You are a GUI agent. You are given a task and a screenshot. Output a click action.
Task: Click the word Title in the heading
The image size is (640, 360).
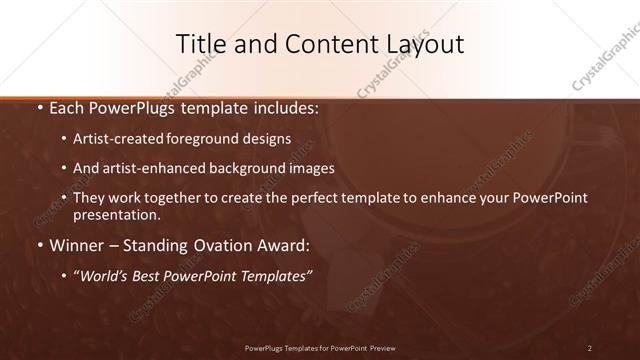coord(199,44)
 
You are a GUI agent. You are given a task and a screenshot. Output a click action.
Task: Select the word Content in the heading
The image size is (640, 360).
coord(318,44)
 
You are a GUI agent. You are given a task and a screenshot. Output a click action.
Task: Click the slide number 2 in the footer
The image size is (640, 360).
coord(590,348)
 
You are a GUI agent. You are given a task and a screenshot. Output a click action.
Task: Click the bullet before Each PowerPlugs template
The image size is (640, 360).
coord(38,106)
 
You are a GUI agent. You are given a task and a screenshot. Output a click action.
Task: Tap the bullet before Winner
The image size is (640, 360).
coord(38,246)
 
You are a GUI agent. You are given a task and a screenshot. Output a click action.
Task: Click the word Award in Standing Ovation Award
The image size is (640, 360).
coord(283,246)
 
